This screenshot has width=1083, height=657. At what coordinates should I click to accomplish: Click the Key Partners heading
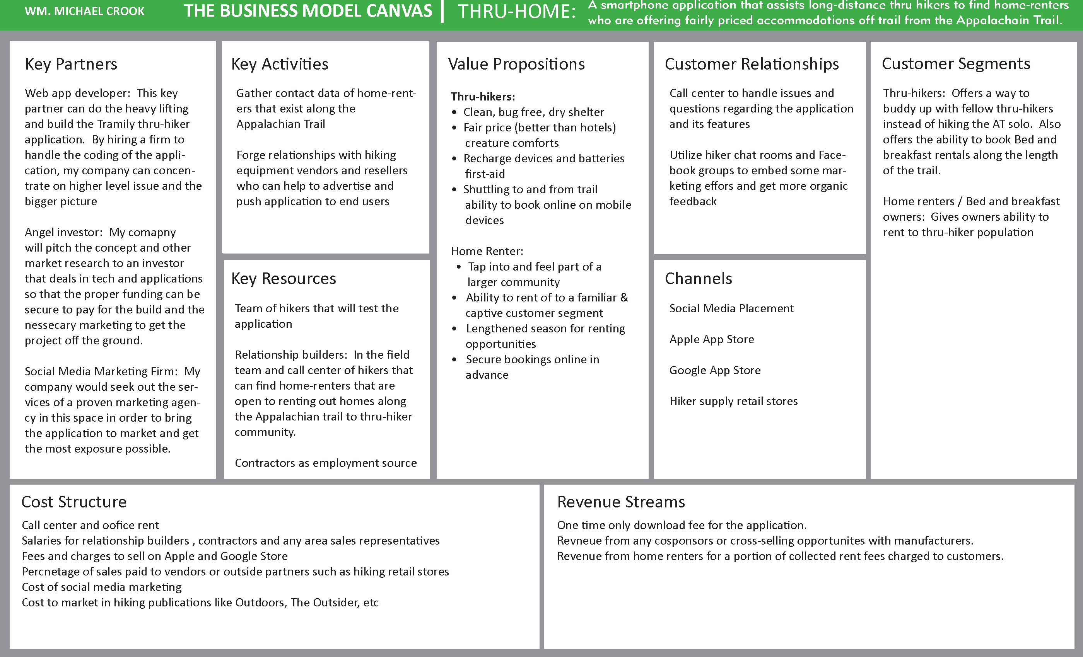tap(71, 64)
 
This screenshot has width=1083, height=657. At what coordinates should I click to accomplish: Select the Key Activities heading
tap(280, 64)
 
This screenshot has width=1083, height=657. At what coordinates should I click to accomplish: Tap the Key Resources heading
tap(284, 278)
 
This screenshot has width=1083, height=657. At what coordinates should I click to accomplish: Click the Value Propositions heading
tap(516, 64)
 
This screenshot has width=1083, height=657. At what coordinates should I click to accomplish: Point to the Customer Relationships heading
tap(752, 64)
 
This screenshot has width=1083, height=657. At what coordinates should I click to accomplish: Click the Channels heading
tap(698, 278)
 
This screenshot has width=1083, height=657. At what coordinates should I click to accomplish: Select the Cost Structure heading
tap(74, 502)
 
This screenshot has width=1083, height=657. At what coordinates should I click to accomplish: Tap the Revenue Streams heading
tap(621, 502)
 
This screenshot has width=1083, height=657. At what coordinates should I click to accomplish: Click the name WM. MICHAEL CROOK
tap(84, 11)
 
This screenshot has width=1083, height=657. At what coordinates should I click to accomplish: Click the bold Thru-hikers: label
tap(483, 97)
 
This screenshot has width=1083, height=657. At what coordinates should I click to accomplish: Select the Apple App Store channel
tap(711, 339)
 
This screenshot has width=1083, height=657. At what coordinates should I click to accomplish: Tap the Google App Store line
tap(715, 370)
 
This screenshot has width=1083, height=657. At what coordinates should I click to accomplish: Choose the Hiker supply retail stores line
tap(733, 401)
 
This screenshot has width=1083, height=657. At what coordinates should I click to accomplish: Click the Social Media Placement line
tap(731, 308)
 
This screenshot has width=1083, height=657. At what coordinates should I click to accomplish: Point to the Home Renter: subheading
tap(487, 251)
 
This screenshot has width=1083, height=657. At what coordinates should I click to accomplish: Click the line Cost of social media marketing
tap(101, 587)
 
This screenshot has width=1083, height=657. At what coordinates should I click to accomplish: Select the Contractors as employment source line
tap(325, 463)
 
